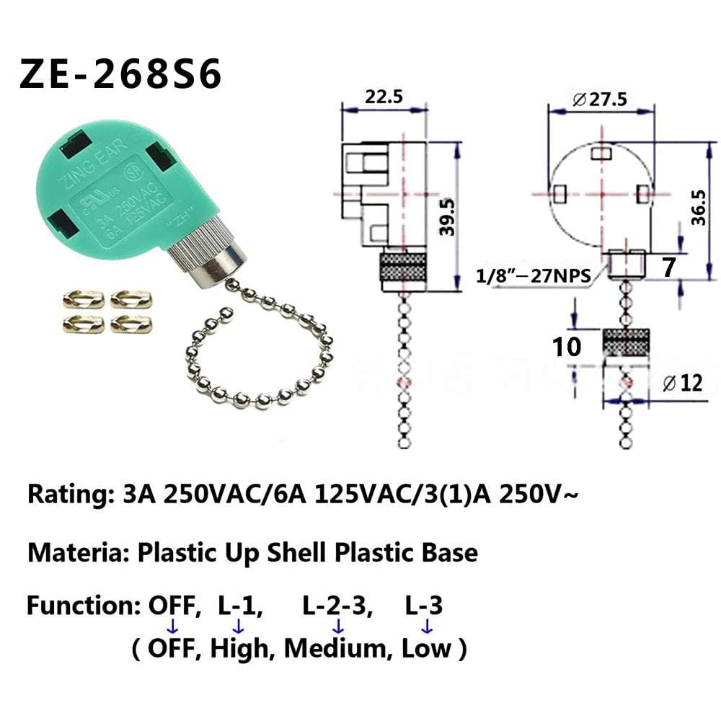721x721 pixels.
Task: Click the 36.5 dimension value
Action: pyautogui.click(x=698, y=209)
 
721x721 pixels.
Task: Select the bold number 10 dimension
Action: pyautogui.click(x=567, y=347)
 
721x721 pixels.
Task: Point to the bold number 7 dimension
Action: pyautogui.click(x=668, y=267)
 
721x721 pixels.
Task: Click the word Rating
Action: pyautogui.click(x=66, y=496)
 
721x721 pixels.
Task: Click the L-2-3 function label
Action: pyautogui.click(x=337, y=606)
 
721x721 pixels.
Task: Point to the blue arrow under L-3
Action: pyautogui.click(x=425, y=626)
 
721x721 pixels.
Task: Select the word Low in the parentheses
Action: pyautogui.click(x=427, y=648)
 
